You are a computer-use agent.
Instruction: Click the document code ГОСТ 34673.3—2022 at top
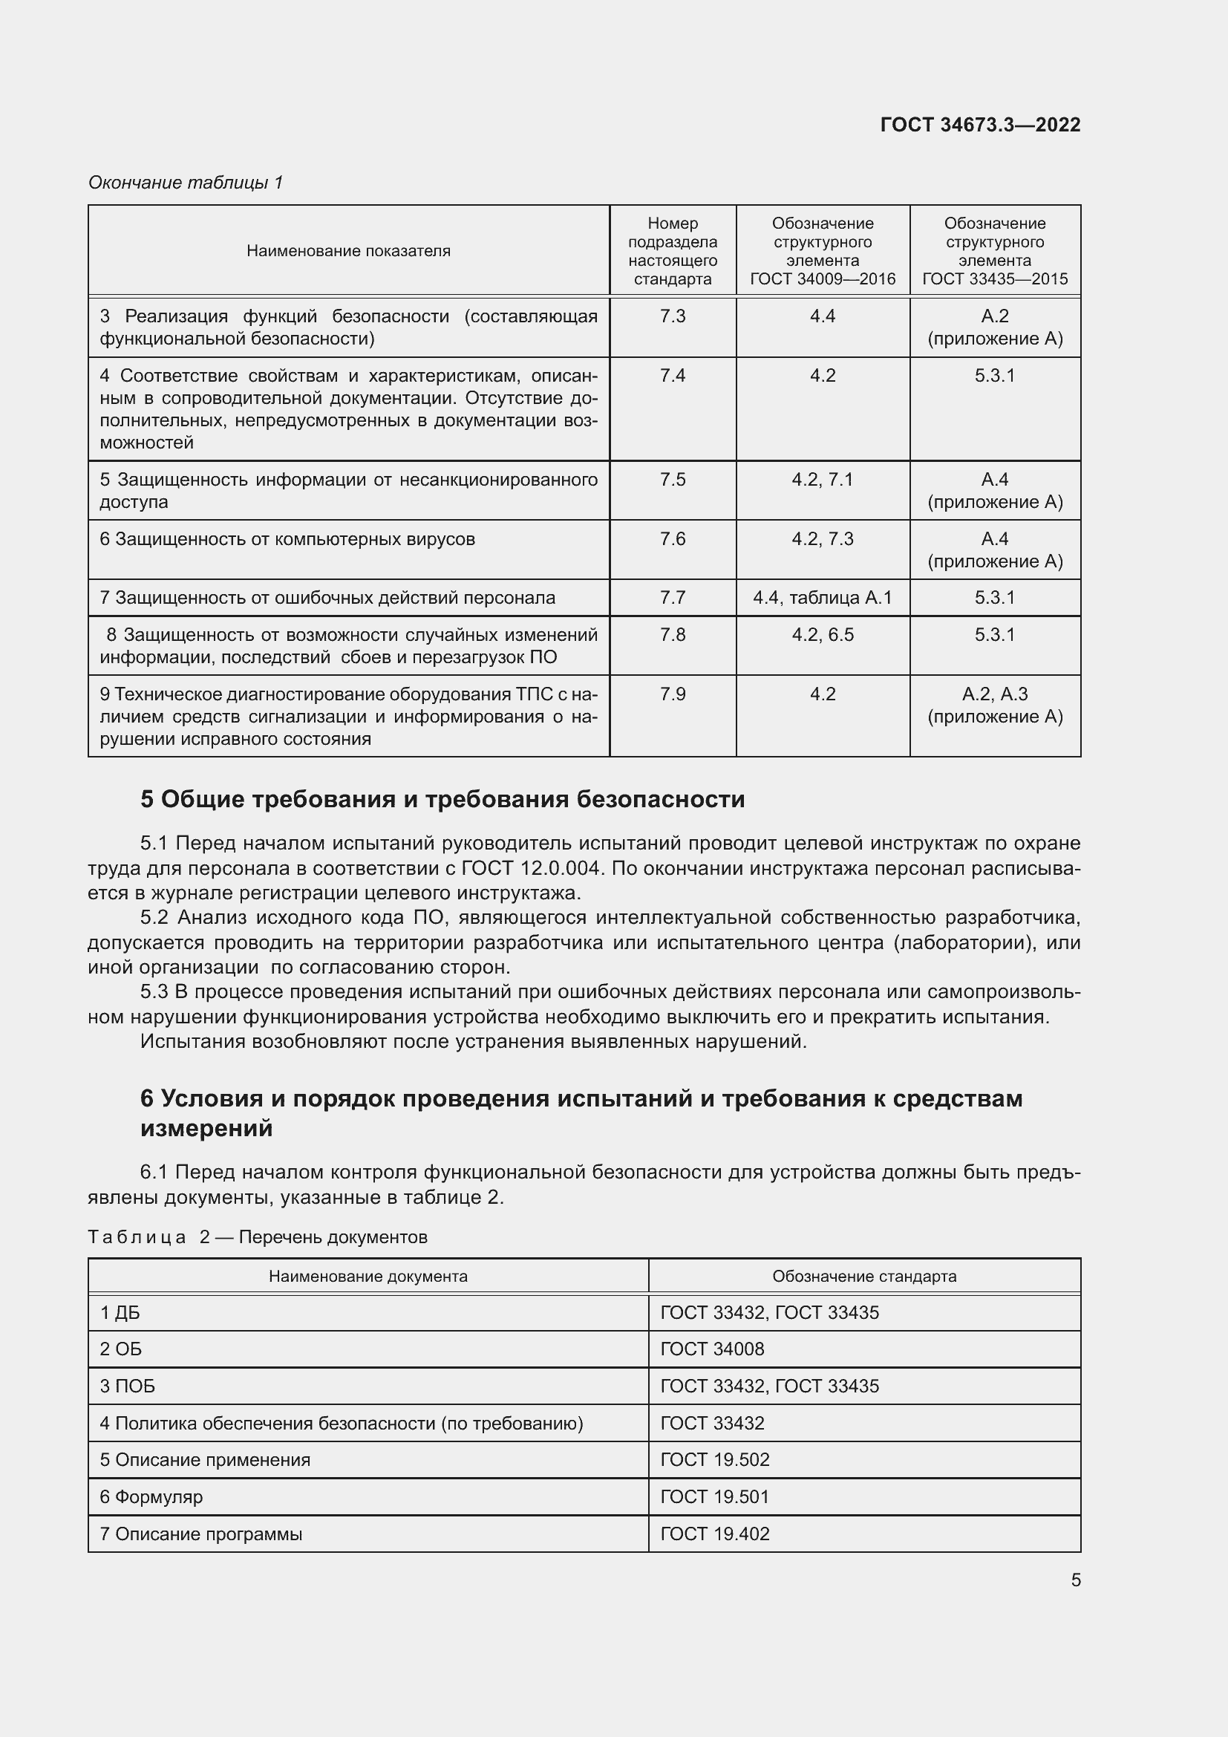[x=980, y=125]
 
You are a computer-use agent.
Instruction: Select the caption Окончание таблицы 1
[x=186, y=183]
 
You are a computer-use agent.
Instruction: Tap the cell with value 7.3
[x=672, y=316]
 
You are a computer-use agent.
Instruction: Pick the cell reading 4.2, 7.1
[x=822, y=480]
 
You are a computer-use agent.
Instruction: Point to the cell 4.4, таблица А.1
[x=822, y=598]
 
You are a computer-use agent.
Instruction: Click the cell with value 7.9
[x=672, y=694]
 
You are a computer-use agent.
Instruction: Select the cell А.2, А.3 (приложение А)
[x=994, y=705]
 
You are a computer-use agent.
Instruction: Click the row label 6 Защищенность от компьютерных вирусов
[x=287, y=539]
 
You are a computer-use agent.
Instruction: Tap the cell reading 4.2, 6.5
[x=822, y=635]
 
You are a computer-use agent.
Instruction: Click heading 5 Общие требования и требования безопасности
[x=442, y=800]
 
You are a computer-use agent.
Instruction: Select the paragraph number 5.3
[x=154, y=992]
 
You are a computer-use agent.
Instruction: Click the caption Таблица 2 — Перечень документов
[x=257, y=1237]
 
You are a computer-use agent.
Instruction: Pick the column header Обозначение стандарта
[x=863, y=1277]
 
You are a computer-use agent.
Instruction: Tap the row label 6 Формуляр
[x=151, y=1496]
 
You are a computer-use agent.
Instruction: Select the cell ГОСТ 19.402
[x=714, y=1534]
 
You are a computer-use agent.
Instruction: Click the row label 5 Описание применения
[x=205, y=1459]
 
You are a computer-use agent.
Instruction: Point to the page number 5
[x=1075, y=1580]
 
